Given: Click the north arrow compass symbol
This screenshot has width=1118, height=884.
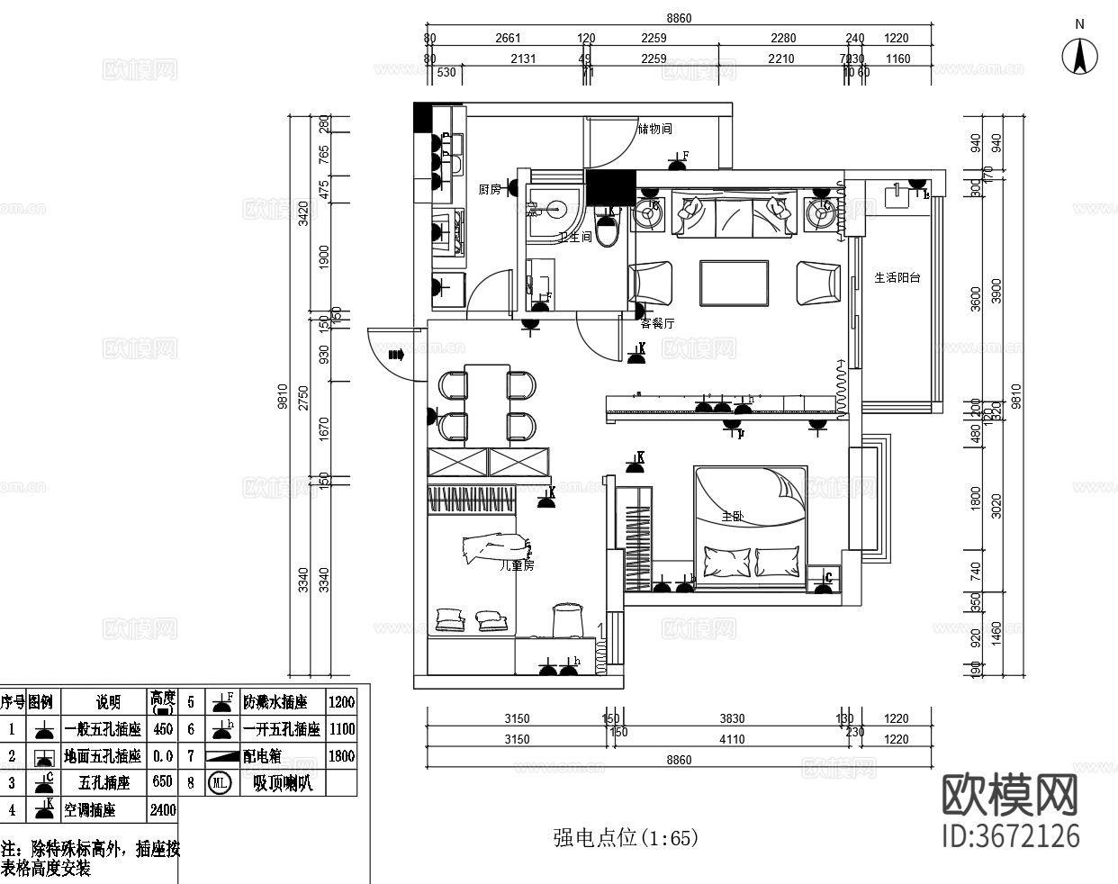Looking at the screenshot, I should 1079,57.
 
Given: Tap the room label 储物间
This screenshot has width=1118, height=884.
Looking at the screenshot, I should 654,129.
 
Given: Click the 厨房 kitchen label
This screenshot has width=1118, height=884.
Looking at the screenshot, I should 489,189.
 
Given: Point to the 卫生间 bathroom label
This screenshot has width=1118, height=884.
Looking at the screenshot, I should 574,238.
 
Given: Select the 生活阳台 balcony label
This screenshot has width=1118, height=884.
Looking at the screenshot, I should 897,277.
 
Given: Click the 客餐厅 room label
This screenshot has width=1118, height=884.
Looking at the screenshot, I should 657,323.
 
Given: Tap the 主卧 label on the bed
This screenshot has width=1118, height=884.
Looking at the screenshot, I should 733,517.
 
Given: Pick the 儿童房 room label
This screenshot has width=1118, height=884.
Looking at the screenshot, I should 517,566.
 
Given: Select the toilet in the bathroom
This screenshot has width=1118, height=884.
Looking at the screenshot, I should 608,230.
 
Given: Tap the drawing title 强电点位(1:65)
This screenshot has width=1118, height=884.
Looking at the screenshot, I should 626,838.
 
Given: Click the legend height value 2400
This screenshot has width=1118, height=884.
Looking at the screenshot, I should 163,810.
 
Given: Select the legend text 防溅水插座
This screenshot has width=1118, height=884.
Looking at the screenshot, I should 282,702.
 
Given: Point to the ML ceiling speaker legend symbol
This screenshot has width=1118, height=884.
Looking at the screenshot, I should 220,783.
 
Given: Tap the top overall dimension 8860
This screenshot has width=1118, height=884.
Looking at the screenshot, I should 679,18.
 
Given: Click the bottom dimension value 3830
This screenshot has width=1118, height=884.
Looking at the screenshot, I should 732,718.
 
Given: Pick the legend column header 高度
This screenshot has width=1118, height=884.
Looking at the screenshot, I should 163,700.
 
